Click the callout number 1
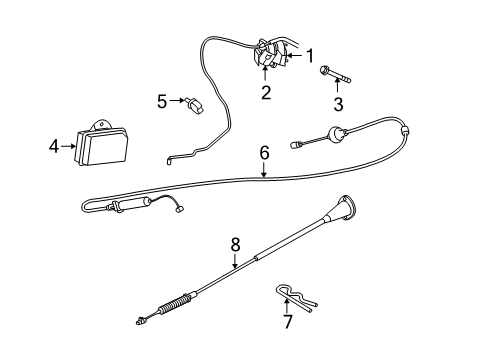310,56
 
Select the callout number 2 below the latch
266,94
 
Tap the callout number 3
338,104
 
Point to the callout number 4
53,146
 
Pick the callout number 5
161,100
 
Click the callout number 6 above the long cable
264,153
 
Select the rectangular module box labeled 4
106,148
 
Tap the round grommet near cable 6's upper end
338,131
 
